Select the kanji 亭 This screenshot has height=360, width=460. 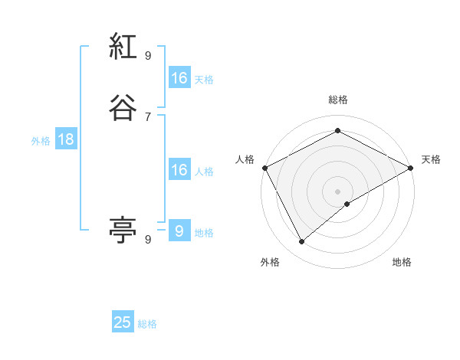tap(123, 228)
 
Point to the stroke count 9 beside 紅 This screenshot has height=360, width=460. tap(148, 55)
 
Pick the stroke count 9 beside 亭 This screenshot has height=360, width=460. tap(148, 240)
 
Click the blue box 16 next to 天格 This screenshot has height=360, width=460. tap(179, 78)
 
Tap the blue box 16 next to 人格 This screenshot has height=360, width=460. tap(179, 170)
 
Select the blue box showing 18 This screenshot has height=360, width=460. tap(65, 139)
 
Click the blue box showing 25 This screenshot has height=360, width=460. tap(123, 322)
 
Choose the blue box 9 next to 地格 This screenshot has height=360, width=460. tap(179, 231)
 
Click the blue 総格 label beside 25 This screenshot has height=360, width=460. tap(147, 324)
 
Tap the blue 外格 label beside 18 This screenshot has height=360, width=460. tap(41, 141)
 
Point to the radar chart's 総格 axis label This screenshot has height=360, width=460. tap(338, 100)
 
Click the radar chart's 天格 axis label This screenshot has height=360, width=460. tap(431, 159)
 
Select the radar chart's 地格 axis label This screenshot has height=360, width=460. tap(402, 262)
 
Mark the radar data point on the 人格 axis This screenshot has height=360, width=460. tap(264, 167)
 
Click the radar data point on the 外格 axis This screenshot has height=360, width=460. tap(302, 242)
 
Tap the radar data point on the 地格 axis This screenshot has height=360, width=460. tap(347, 204)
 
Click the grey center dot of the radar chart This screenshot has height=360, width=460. tap(338, 191)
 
